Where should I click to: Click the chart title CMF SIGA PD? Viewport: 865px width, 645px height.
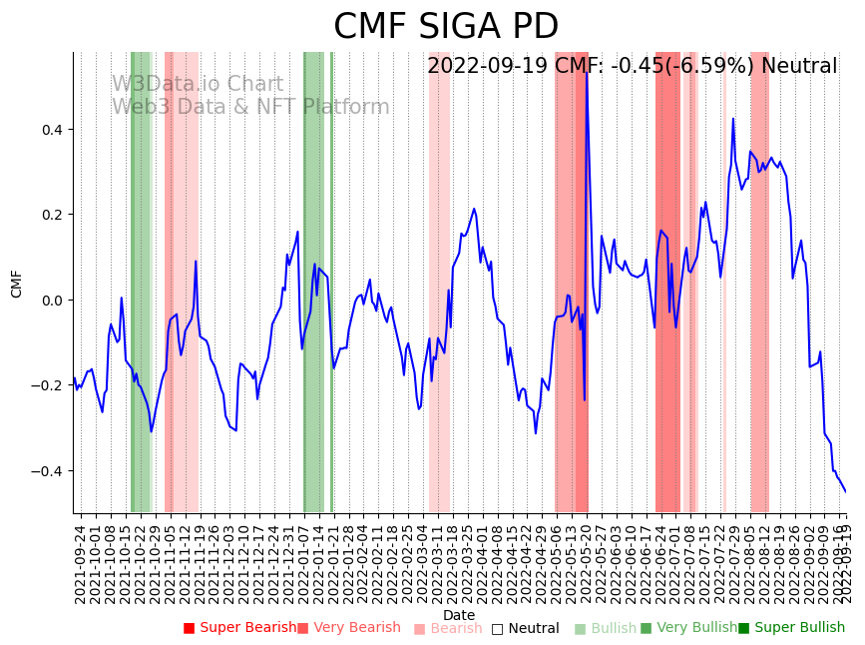tap(446, 27)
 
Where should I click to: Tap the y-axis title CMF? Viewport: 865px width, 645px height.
tap(17, 284)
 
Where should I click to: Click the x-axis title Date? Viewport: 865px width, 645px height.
tap(459, 615)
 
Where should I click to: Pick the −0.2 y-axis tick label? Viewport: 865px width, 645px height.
tap(47, 385)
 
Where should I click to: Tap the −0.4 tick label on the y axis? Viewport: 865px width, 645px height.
tap(47, 471)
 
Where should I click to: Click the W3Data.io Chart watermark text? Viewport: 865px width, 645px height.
tap(197, 85)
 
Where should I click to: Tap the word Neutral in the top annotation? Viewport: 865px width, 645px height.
tap(799, 66)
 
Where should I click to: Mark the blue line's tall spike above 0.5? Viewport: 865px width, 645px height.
tap(586, 75)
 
